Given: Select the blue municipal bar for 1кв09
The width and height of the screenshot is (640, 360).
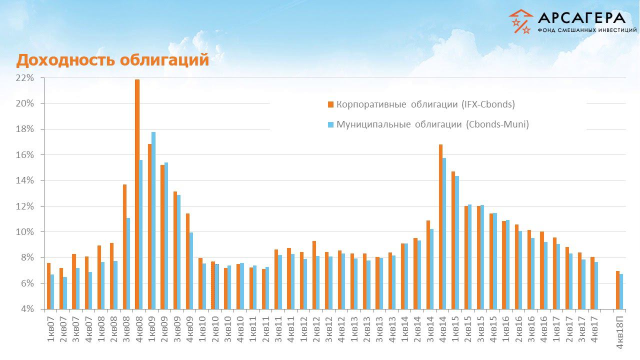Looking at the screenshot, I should tap(153, 220).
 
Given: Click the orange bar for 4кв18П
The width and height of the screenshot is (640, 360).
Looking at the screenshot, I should tap(618, 290).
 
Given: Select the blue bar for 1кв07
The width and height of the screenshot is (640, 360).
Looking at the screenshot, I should tap(52, 291).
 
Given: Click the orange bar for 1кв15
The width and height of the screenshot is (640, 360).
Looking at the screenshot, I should tap(453, 240).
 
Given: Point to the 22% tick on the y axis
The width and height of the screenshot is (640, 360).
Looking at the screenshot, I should tap(24, 78).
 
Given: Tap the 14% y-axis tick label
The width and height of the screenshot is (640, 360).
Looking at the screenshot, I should tap(24, 180).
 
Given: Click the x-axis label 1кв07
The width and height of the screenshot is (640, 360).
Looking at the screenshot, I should tap(50, 330).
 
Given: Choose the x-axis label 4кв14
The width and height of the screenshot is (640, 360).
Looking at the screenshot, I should tap(443, 330).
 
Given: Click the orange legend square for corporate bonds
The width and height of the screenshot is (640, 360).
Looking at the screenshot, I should tap(330, 104).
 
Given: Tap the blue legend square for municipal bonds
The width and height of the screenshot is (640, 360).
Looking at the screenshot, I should tap(330, 124).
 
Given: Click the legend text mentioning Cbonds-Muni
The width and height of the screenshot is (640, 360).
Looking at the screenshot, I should tap(432, 124).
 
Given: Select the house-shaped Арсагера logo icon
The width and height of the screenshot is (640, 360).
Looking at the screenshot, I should tap(520, 21).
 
